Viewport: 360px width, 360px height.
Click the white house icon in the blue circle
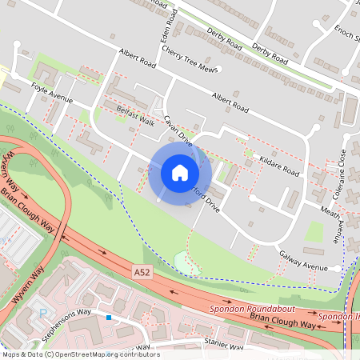180,173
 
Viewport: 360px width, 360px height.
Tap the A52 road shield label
142,273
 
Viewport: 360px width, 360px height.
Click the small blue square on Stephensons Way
109,318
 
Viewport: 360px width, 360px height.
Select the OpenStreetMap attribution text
80,354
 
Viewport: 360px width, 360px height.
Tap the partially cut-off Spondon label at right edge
339,317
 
